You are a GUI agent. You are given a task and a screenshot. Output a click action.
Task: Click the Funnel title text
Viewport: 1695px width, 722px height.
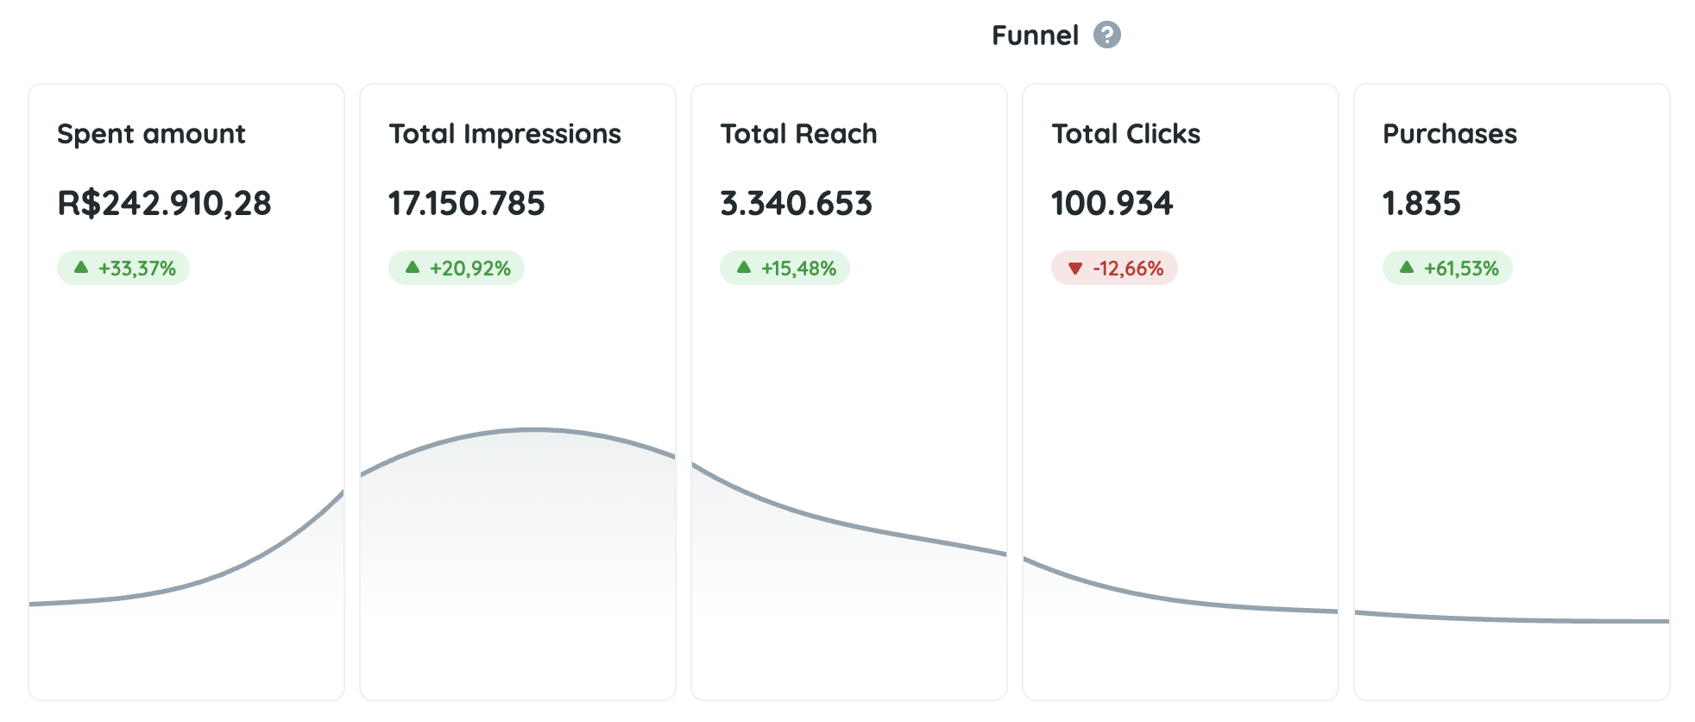1034,35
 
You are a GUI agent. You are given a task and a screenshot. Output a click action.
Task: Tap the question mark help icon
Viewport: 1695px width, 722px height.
1106,35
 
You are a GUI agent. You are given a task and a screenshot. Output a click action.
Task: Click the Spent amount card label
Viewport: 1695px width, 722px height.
151,134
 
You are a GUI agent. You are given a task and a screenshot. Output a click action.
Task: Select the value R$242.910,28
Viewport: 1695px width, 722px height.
164,204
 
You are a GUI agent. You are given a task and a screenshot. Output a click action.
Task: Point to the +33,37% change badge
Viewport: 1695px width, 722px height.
123,269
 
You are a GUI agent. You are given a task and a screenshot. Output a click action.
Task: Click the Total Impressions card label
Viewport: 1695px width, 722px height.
504,134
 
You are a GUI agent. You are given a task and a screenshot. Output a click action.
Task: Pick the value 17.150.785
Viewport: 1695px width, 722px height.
466,204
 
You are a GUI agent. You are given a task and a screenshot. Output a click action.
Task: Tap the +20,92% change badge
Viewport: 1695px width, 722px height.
457,269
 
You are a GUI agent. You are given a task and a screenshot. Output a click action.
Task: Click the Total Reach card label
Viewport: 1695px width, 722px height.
798,134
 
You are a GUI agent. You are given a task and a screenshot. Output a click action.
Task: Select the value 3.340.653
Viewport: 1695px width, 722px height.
796,204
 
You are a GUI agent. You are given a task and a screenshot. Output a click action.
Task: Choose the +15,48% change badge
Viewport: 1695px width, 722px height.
784,269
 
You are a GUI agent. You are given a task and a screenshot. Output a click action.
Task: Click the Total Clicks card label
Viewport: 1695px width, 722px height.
1125,134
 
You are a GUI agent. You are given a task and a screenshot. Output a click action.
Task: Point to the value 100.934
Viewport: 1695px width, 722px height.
1112,204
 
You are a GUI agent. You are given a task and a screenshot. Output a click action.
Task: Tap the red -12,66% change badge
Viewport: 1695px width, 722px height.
1114,269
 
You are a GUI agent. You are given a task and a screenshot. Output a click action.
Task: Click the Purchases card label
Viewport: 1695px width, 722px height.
1449,134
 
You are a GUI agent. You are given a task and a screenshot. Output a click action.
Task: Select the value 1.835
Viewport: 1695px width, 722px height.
1421,204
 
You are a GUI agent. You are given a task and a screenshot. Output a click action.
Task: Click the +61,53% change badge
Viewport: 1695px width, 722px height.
1447,269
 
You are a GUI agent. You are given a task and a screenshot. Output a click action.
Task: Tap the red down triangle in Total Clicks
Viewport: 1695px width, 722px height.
1074,269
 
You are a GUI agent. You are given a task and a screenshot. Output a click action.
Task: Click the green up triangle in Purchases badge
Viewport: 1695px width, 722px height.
1406,268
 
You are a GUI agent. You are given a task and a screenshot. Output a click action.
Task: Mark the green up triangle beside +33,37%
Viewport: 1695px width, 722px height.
81,268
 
